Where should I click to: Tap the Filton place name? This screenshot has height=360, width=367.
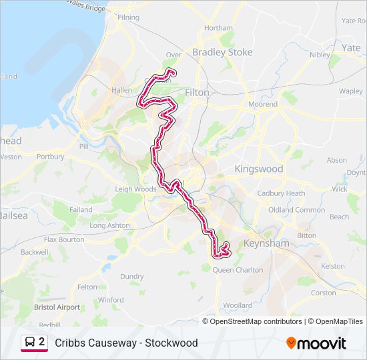(x=197, y=93)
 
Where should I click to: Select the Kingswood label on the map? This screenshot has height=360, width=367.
(x=258, y=169)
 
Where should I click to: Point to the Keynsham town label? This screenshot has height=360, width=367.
(x=267, y=244)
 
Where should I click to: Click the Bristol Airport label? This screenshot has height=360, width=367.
(x=57, y=307)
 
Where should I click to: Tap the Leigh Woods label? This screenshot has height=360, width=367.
(x=135, y=189)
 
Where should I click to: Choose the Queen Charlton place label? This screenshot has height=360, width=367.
(x=238, y=270)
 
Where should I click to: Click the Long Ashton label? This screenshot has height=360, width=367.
(x=110, y=225)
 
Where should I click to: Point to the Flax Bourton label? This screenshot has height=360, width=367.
(x=64, y=239)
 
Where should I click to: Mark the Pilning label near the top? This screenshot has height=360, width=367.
(x=129, y=17)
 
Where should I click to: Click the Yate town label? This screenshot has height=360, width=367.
(x=351, y=48)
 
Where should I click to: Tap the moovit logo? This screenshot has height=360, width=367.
(x=316, y=343)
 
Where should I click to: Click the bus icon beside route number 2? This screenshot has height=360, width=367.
(x=30, y=343)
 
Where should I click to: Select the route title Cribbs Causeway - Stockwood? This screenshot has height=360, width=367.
(x=126, y=343)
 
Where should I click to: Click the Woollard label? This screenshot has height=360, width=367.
(x=238, y=305)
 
